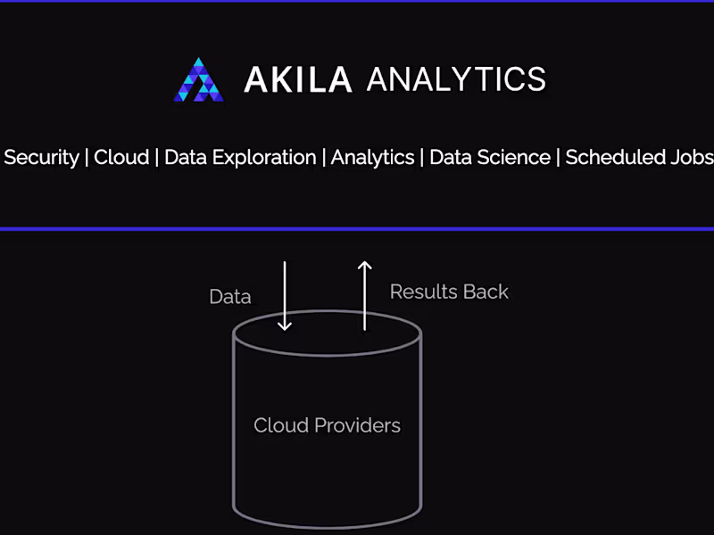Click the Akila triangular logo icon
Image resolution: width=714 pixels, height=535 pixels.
point(198,79)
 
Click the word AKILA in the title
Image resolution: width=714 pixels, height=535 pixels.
point(298,79)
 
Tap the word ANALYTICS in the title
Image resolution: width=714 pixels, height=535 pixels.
point(456,79)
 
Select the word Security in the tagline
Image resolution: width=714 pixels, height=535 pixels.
point(41,158)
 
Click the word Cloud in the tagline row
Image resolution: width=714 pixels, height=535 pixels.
point(121,158)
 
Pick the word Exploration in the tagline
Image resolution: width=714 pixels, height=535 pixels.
point(264,158)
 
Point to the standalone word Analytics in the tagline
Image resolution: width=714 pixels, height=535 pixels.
point(372,158)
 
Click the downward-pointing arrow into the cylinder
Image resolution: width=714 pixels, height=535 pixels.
point(285,296)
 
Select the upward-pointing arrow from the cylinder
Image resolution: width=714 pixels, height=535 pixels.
point(364,296)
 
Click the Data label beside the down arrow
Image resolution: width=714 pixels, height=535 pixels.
point(230,297)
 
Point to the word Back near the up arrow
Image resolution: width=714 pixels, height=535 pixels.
point(486,292)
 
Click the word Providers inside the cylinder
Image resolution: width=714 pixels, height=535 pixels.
point(358,425)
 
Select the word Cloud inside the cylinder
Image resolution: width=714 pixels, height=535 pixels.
point(281,425)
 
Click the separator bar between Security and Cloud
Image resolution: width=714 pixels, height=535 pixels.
point(87,158)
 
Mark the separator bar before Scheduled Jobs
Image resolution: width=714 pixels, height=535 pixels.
point(558,158)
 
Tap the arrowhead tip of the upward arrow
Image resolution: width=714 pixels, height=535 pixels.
point(364,261)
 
